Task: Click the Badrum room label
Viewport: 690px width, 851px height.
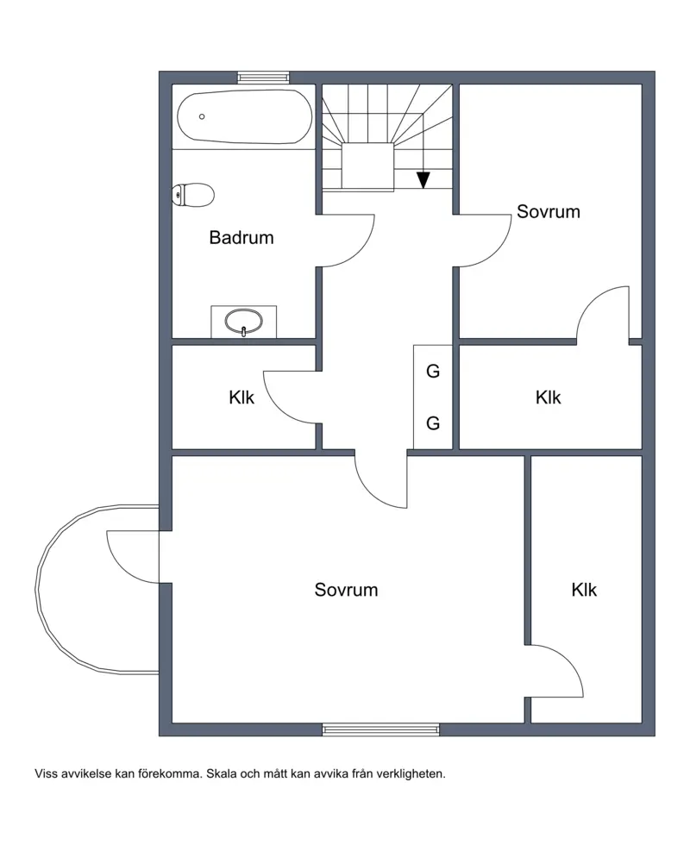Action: click(241, 238)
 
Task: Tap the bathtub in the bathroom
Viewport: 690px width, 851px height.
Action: click(245, 117)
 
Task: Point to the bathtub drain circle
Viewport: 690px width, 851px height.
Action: click(202, 116)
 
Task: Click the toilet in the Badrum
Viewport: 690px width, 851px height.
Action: click(192, 195)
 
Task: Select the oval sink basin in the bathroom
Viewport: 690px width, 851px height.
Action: click(244, 322)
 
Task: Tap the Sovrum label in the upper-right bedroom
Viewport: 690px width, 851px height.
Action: click(549, 211)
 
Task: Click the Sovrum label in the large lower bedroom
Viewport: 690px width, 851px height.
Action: click(346, 590)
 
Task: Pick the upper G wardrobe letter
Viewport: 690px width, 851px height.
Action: click(433, 372)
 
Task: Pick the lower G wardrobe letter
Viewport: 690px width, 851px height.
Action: click(433, 422)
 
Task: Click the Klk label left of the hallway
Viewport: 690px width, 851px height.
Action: click(241, 397)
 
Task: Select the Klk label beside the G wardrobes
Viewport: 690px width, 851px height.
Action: click(548, 397)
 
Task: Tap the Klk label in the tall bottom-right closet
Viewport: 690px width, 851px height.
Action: click(584, 590)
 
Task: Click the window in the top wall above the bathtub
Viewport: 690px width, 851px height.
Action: click(263, 78)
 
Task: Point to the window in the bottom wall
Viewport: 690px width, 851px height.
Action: click(380, 730)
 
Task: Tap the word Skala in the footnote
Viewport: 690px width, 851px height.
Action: click(221, 774)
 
